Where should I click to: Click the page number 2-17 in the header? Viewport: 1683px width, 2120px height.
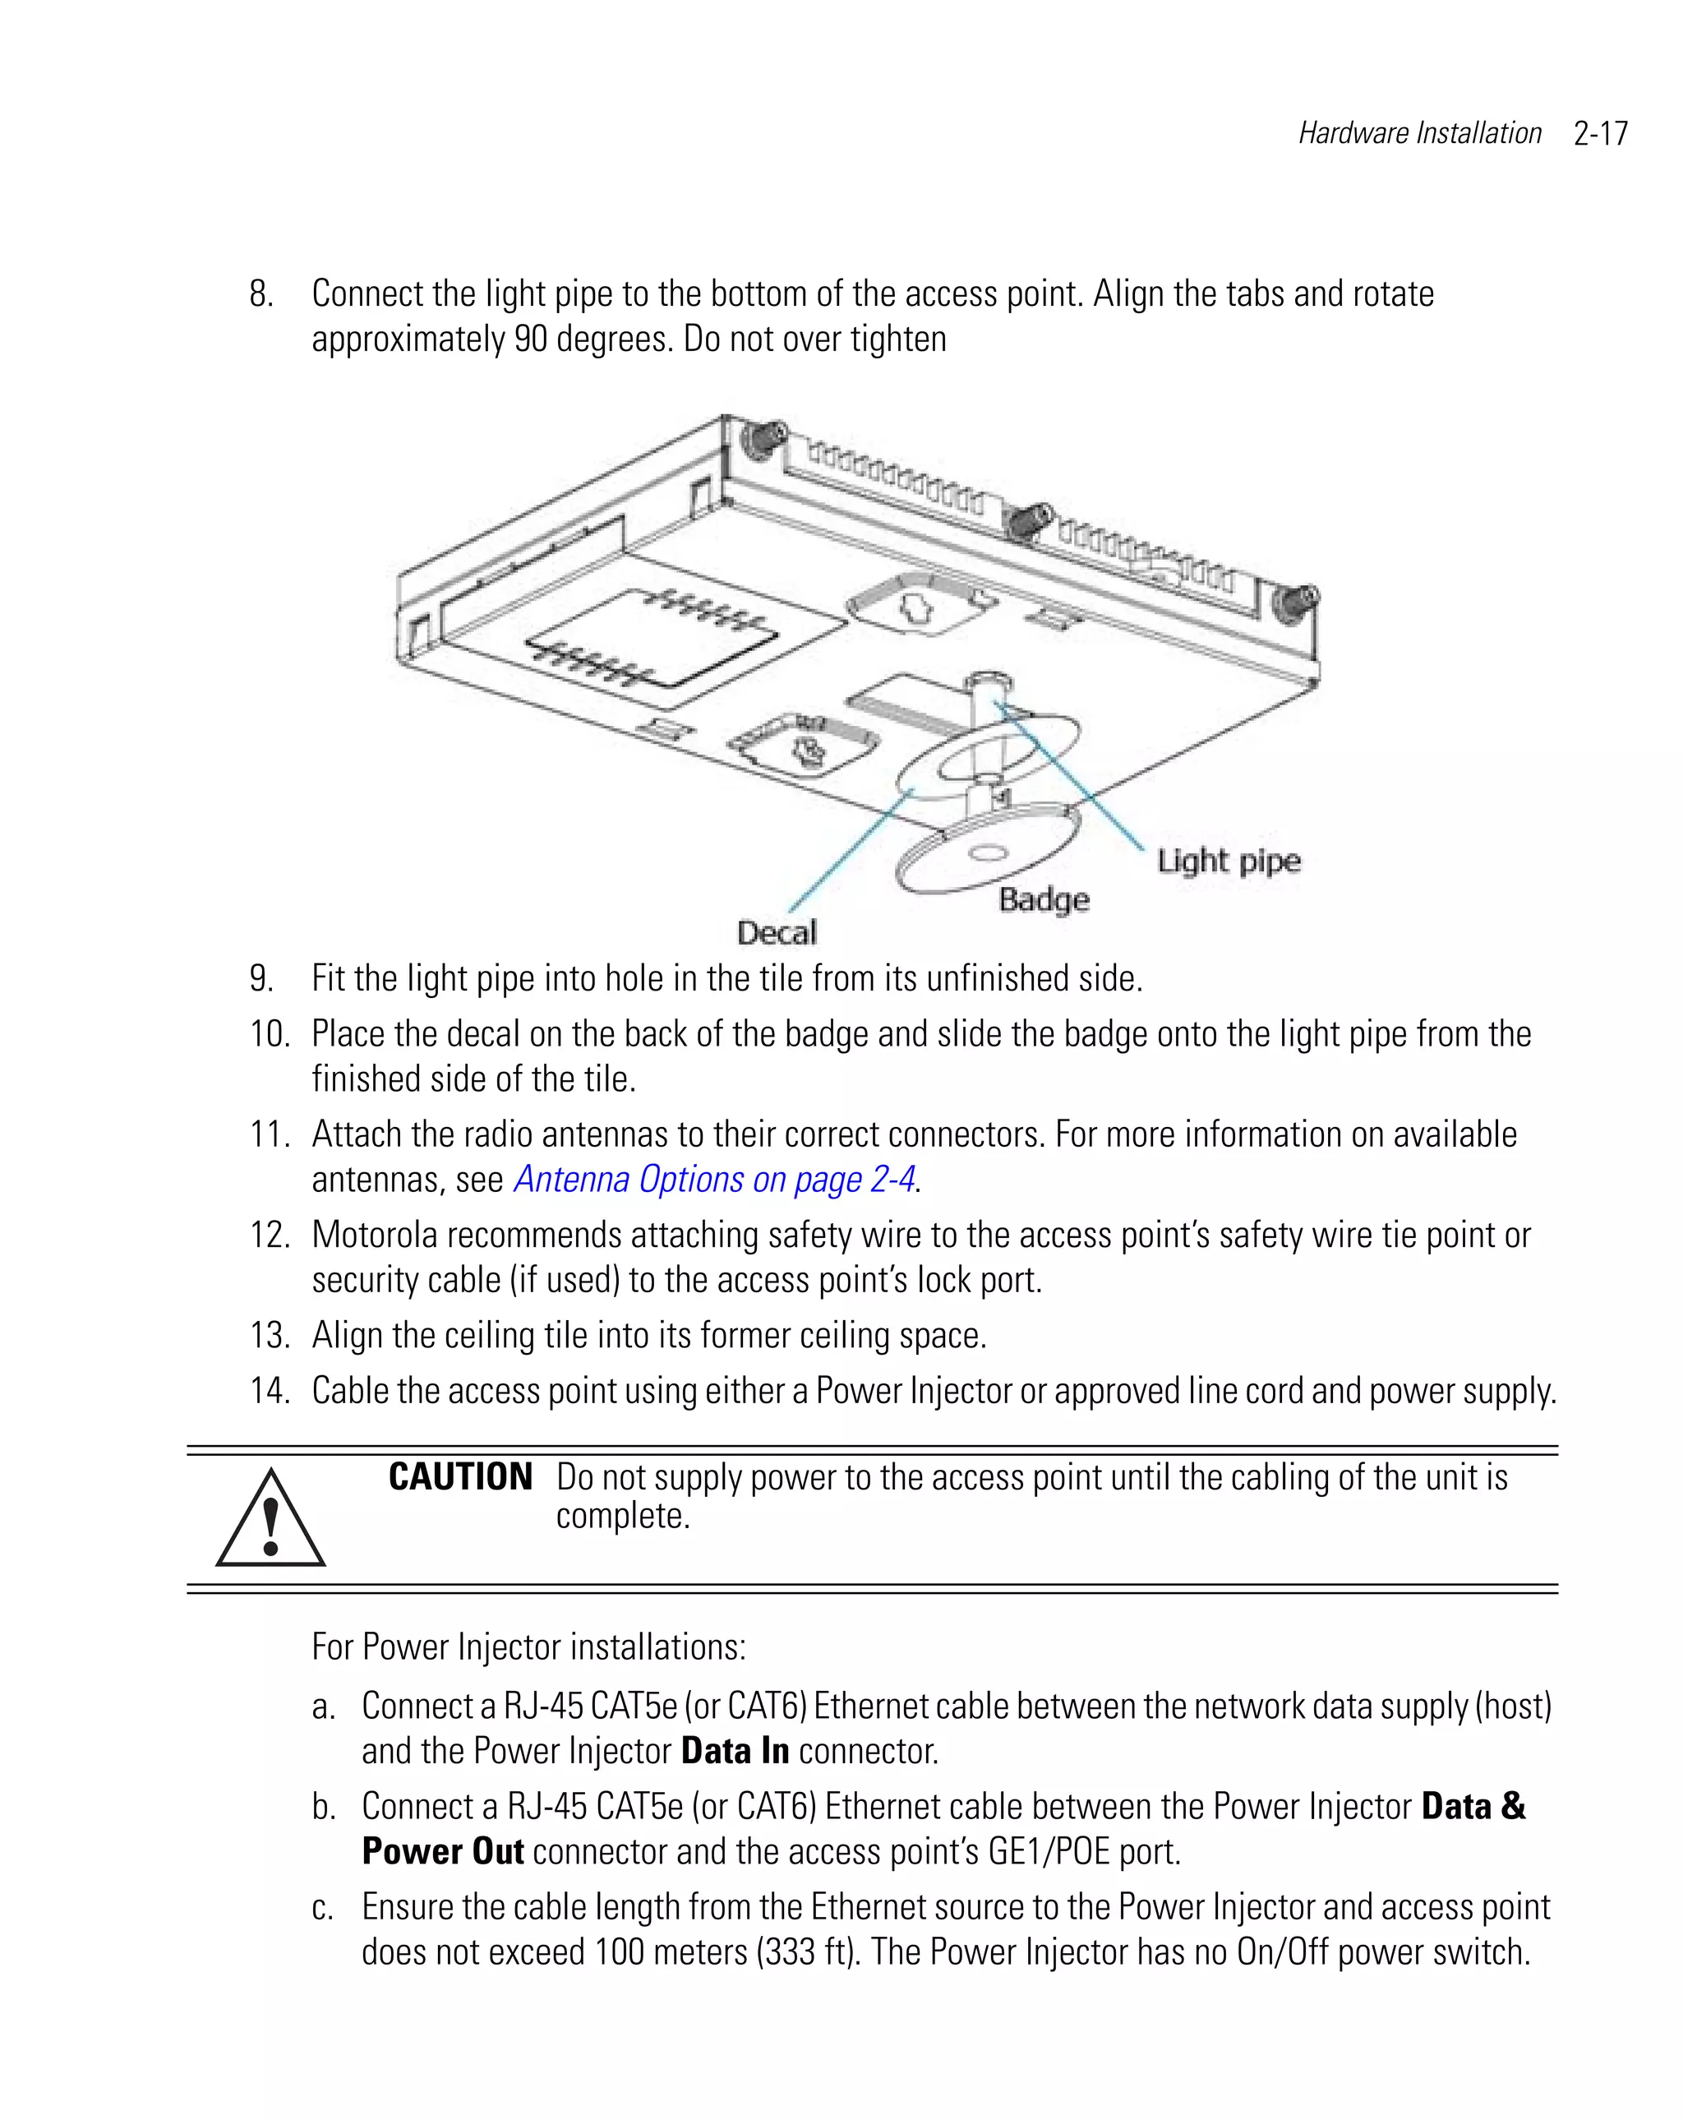1599,134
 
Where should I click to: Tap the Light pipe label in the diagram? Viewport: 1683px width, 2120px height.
1228,861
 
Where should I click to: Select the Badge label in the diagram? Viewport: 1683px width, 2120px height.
1043,900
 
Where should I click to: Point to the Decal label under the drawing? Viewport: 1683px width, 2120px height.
777,932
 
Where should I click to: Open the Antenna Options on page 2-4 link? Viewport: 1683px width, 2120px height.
715,1179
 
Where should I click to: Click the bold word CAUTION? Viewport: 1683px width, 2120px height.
460,1477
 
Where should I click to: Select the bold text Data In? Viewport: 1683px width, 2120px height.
735,1751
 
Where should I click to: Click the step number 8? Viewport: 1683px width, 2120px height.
261,294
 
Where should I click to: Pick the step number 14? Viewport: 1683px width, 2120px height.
269,1390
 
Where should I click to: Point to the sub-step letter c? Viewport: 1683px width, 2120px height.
322,1908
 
